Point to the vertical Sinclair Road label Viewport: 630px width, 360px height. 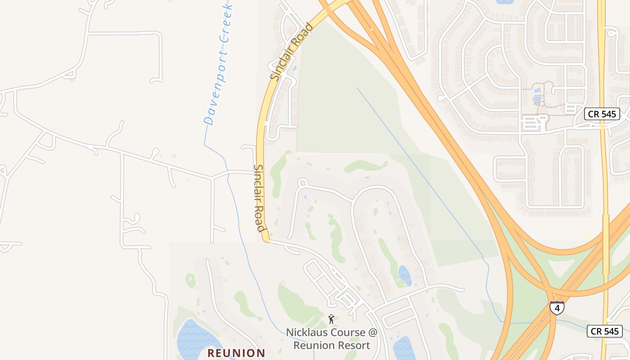(260, 198)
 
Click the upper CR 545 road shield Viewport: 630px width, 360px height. (602, 114)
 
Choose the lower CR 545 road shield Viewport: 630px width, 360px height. (605, 332)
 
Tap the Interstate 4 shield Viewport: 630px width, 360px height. (557, 308)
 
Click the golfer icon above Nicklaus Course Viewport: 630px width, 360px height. (331, 319)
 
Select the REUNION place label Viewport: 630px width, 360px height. (236, 353)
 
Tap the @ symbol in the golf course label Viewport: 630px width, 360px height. (373, 333)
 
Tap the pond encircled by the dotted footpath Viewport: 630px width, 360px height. (537, 99)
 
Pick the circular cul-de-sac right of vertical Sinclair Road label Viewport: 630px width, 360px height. (303, 183)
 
